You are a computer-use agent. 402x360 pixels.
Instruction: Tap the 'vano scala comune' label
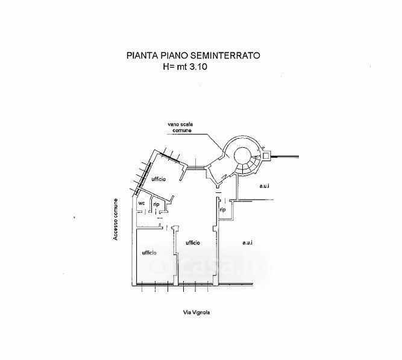click(x=180, y=127)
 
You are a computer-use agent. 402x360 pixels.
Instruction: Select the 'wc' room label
click(x=142, y=203)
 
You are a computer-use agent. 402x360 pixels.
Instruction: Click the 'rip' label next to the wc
click(x=156, y=204)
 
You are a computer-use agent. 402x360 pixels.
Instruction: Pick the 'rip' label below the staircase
click(x=222, y=209)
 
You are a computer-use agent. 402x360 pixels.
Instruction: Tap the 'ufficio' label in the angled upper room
click(x=159, y=180)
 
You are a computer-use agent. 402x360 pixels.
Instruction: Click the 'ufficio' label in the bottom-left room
click(x=149, y=252)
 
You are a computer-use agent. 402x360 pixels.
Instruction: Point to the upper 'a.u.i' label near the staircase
click(x=264, y=186)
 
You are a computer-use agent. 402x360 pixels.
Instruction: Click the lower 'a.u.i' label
click(x=247, y=242)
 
